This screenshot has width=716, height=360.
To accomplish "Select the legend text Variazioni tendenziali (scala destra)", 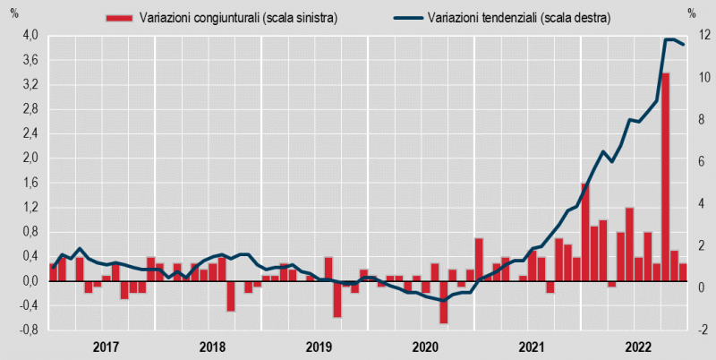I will pos(519,17).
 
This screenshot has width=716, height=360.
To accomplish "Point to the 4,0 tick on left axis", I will pos(30,36).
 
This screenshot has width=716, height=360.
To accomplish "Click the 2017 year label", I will pos(106,347).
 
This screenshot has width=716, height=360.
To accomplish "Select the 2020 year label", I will pos(425,347).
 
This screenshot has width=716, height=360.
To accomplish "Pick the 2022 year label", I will pos(638,347).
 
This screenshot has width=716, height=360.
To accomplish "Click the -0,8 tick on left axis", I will pos(29,330).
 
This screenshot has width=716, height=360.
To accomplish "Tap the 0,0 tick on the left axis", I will pos(30,281).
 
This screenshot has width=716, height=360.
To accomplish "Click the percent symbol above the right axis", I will pos(692,13).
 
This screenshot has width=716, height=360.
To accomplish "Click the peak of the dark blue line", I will pos(669,39).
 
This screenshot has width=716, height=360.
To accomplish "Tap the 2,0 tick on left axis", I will pos(30,159).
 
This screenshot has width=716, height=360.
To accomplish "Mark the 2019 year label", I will pos(319,347).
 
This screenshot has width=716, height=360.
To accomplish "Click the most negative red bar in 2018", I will pos(231,296).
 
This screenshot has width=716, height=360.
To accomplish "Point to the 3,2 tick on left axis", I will pos(30,85).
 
